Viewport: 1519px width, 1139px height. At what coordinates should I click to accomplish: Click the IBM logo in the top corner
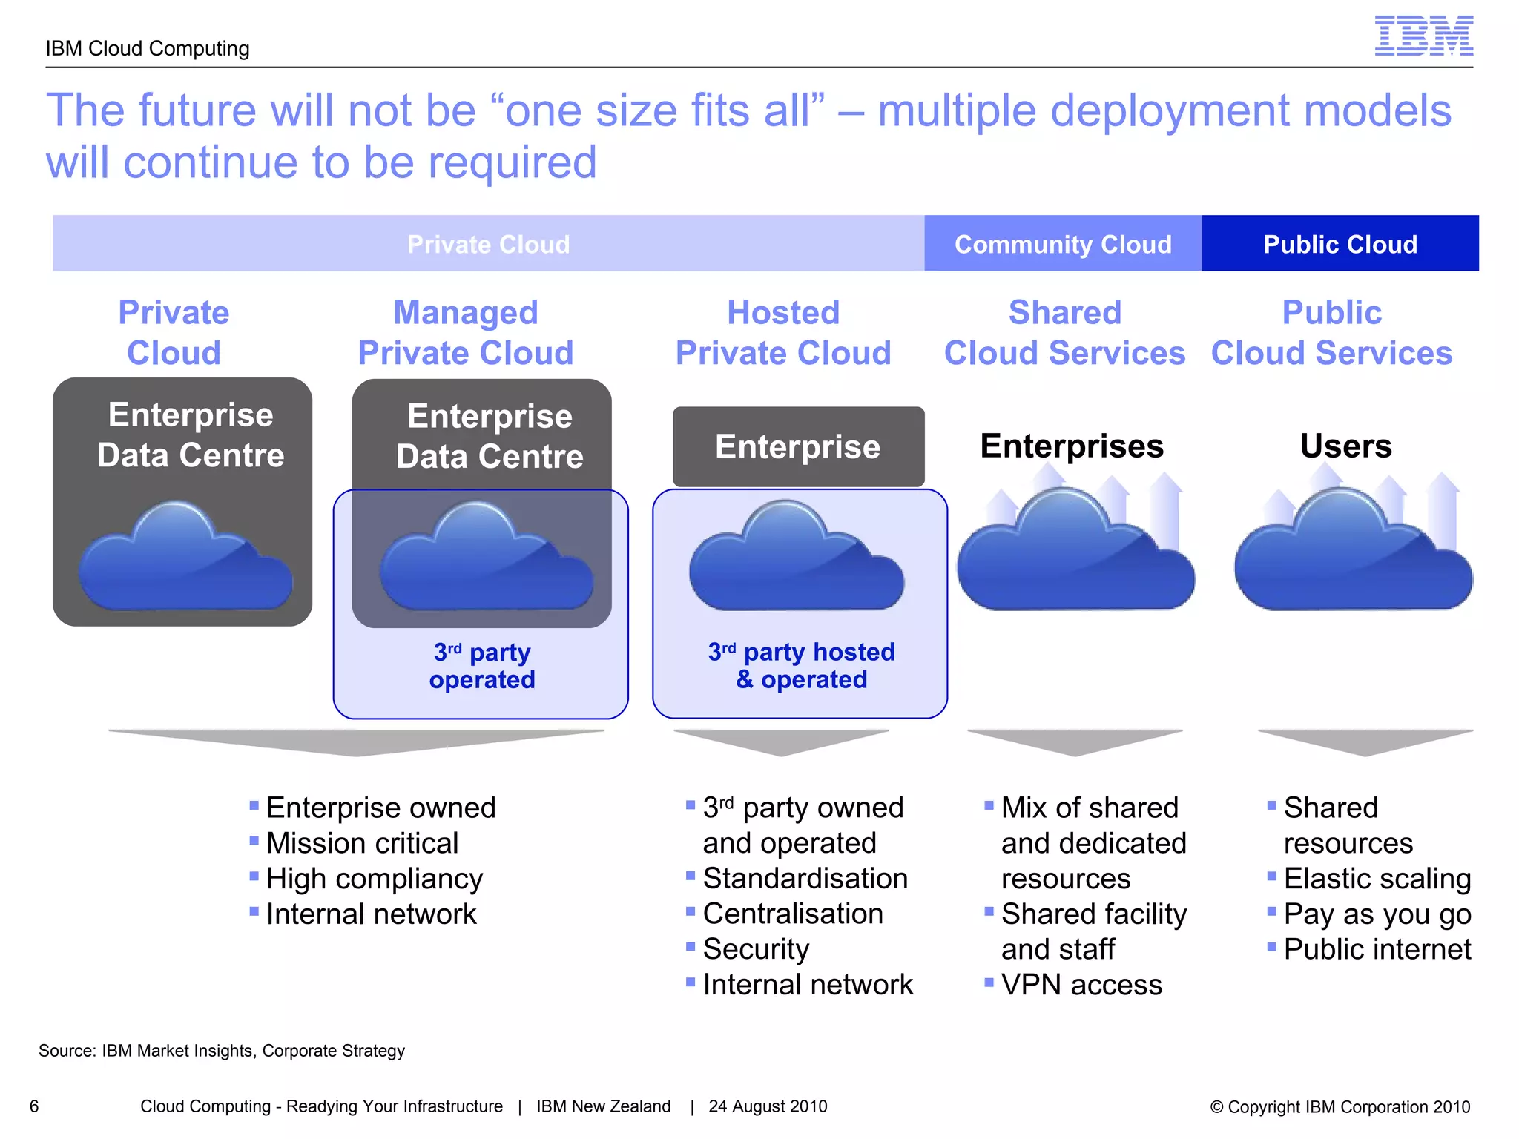coord(1423,36)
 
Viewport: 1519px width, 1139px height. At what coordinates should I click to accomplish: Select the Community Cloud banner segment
coord(1062,244)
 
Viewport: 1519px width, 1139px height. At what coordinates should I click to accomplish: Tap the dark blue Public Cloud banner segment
coord(1340,244)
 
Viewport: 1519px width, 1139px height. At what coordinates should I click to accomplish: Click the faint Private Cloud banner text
coord(488,244)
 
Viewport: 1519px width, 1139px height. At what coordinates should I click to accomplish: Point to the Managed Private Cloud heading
coord(466,332)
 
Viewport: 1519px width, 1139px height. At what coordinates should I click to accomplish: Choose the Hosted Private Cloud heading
coord(783,332)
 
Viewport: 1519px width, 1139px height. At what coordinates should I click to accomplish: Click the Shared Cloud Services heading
coord(1064,332)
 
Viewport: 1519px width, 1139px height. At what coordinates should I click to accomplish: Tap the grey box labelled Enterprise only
coord(798,446)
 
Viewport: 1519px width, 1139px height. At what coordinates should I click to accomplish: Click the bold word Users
coord(1345,446)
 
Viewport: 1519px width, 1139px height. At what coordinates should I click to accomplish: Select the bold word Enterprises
coord(1072,446)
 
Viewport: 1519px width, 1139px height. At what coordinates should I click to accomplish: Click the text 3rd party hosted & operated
coord(801,665)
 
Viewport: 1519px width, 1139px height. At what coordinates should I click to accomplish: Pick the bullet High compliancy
coord(374,879)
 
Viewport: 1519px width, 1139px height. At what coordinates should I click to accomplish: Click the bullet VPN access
coord(1081,985)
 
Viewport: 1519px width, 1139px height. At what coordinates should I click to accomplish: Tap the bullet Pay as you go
coord(1377,914)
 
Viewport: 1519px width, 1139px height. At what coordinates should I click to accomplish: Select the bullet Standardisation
coord(805,879)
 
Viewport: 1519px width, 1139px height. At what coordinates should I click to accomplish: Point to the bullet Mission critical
coord(362,843)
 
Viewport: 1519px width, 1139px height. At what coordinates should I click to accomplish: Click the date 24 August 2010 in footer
coord(768,1106)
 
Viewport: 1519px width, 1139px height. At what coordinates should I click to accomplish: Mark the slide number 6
coord(34,1106)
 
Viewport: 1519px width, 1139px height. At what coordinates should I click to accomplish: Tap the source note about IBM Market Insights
coord(222,1051)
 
